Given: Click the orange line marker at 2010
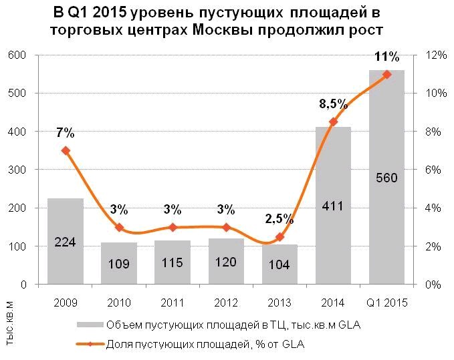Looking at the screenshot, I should coord(119,227).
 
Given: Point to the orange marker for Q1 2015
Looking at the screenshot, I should coord(386,74).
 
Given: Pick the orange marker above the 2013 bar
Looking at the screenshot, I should coord(279,237).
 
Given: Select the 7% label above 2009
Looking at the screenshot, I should coord(65,134).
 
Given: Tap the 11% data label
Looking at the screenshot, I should coord(386,56).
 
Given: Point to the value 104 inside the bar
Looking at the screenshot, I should coord(279,266).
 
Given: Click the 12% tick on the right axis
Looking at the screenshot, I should coord(427,55).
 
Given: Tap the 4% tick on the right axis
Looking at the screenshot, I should coord(425,208).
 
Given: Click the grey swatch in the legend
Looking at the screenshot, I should coord(90,325).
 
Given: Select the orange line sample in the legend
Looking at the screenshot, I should coord(90,345).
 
